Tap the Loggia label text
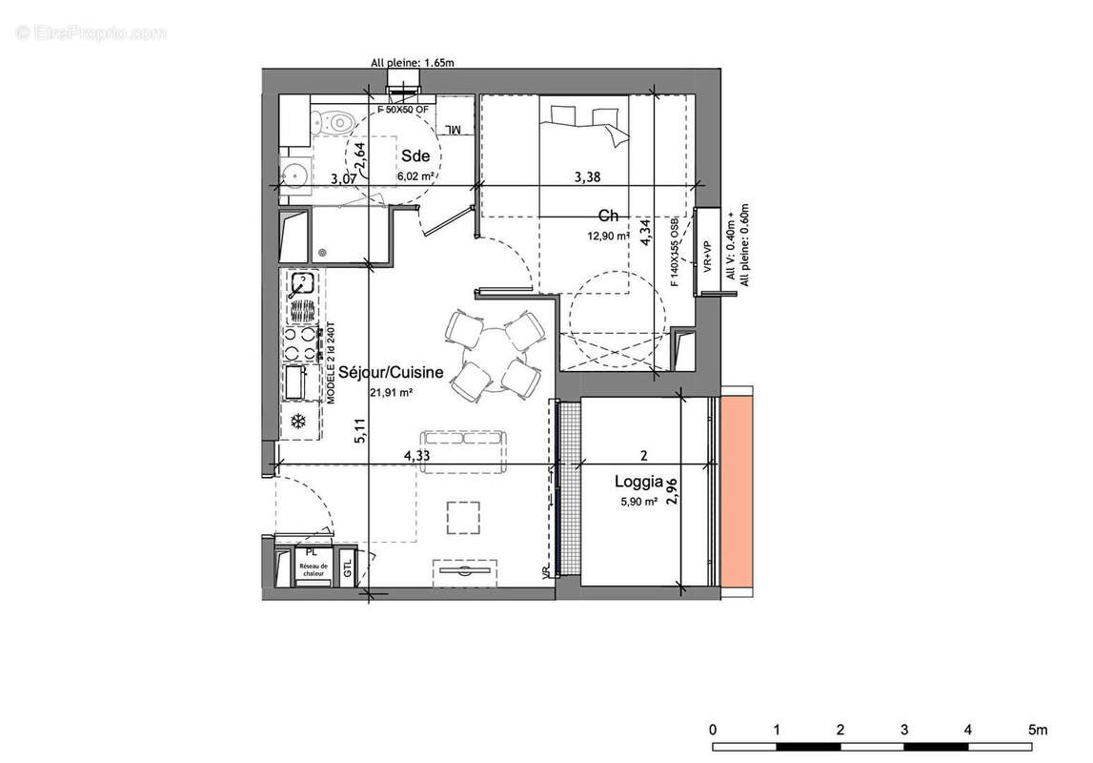pos(638,483)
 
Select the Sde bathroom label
pos(415,156)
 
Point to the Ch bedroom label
pos(609,217)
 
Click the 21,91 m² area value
pos(391,392)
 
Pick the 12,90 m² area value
pos(610,236)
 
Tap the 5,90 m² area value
pos(638,502)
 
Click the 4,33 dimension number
pos(416,456)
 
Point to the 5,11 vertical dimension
pos(360,432)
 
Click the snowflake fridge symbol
pos(297,421)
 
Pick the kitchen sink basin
pos(302,283)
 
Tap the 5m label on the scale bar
pos(1036,730)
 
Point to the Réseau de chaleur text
pos(312,570)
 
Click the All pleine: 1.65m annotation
pos(413,64)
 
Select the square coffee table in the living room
pos(464,517)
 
